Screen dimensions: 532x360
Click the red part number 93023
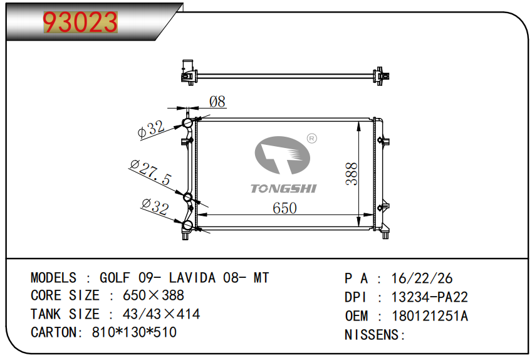point(80,23)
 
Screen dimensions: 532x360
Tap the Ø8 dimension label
point(217,102)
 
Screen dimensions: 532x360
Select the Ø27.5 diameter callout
point(150,172)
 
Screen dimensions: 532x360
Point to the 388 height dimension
point(352,174)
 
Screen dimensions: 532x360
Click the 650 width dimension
point(284,208)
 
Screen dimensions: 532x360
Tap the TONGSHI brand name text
point(284,189)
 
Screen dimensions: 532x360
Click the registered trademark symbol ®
point(312,139)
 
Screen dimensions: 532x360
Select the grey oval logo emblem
point(282,155)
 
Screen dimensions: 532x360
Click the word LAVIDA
point(192,278)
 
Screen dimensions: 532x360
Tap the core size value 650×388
point(154,295)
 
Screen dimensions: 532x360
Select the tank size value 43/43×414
point(161,314)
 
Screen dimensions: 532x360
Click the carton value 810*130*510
point(134,332)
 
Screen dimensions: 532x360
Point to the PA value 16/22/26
point(422,278)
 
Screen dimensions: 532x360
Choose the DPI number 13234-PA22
point(429,297)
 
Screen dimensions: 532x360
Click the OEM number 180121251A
point(430,316)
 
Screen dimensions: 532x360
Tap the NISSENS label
point(372,335)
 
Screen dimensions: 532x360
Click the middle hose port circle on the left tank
point(188,197)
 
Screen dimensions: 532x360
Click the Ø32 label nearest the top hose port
point(151,129)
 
